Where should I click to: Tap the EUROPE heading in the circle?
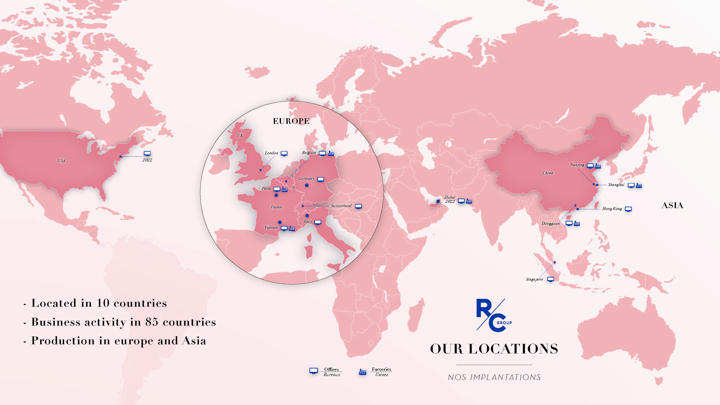[291, 121]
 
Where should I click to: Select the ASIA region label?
[672, 205]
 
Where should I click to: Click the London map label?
[271, 153]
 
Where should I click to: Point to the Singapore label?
[534, 279]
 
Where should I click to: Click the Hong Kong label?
[612, 208]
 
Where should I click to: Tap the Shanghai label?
[616, 185]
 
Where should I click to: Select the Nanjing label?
[577, 165]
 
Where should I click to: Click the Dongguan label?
[550, 223]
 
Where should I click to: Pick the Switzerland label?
[341, 206]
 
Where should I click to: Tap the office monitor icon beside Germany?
[321, 179]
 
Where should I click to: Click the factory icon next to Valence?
[292, 228]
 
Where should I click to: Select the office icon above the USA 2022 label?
[147, 153]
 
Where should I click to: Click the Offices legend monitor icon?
[314, 371]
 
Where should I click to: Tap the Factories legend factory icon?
[363, 372]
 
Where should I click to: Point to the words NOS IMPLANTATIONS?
[494, 377]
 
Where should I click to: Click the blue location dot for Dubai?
[438, 201]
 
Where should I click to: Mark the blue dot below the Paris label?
[276, 195]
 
